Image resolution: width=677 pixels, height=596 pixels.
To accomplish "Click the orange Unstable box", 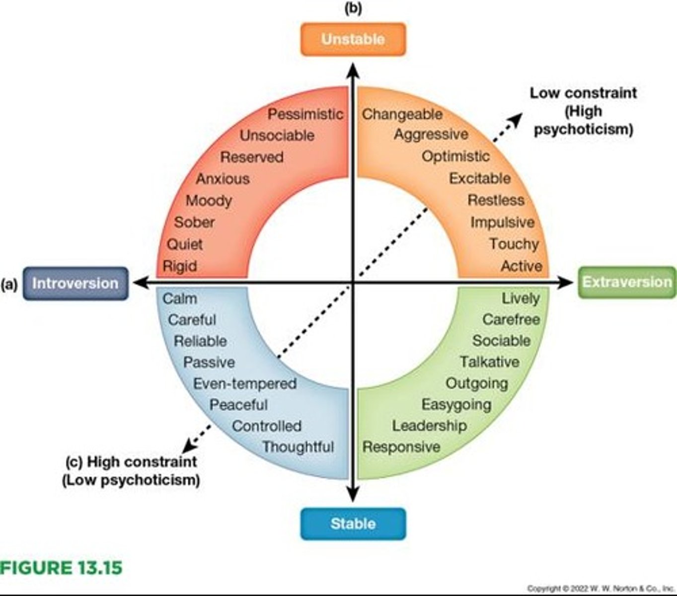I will [x=353, y=39].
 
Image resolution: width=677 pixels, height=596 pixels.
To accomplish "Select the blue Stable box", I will [x=353, y=523].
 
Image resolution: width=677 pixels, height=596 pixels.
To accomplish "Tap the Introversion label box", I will [x=75, y=284].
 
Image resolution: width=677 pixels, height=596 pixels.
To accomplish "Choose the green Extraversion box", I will [x=627, y=282].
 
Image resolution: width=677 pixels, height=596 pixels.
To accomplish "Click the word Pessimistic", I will [x=305, y=114].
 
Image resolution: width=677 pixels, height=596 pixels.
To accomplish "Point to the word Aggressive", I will [x=431, y=135].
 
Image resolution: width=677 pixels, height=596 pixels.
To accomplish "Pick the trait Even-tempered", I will [x=245, y=384].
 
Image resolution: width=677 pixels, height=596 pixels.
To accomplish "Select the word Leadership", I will [x=429, y=426].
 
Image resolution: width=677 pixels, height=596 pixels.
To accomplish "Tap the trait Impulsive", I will [x=502, y=222].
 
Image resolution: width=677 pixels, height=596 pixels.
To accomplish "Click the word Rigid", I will [x=180, y=266].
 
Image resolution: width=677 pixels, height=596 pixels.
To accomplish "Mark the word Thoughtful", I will [x=298, y=447].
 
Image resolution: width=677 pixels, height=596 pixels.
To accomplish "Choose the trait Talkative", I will [x=489, y=362].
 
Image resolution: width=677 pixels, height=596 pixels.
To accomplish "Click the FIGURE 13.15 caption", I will [x=61, y=568].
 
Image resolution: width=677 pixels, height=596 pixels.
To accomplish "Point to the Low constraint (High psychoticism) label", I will [x=583, y=111].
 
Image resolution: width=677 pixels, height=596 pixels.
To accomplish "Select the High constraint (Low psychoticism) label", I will [x=131, y=471].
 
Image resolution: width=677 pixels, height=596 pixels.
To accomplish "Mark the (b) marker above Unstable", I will [x=353, y=8].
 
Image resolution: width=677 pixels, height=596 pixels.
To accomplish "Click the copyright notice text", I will [x=600, y=589].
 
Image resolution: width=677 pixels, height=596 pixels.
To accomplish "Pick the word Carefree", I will [x=511, y=319].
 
